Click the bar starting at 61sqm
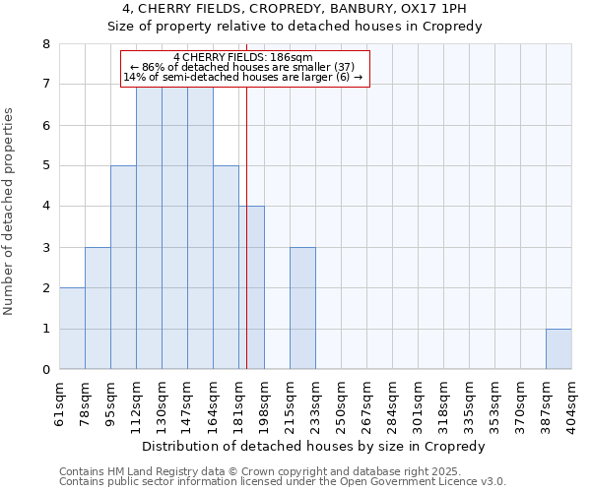tap(72, 329)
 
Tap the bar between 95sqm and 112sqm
tap(123, 268)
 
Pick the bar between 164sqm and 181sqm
tap(226, 268)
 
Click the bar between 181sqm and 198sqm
tap(251, 287)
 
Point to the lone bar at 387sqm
tap(558, 349)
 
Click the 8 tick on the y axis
tap(45, 44)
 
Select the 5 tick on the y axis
tap(45, 166)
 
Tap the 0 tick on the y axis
tap(45, 370)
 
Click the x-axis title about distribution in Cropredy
tap(315, 447)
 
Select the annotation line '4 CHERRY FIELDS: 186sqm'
tap(242, 57)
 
